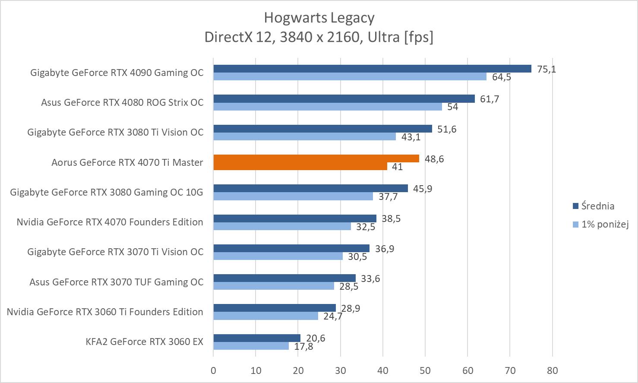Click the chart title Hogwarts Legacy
319,18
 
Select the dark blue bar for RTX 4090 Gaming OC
372,69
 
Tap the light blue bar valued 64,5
350,76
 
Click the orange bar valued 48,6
316,158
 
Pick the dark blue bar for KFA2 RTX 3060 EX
256,338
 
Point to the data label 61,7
490,99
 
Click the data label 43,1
411,137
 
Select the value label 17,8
303,346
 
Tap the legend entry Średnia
597,206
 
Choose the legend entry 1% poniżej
604,224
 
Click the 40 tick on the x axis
383,370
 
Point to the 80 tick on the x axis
552,370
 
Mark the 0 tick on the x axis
213,370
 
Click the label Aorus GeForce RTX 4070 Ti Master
127,162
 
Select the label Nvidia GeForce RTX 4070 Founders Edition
110,222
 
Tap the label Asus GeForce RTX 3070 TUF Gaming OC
116,282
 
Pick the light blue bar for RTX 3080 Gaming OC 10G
293,196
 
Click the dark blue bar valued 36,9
291,248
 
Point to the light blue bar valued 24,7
265,316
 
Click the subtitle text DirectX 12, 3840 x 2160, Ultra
319,37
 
